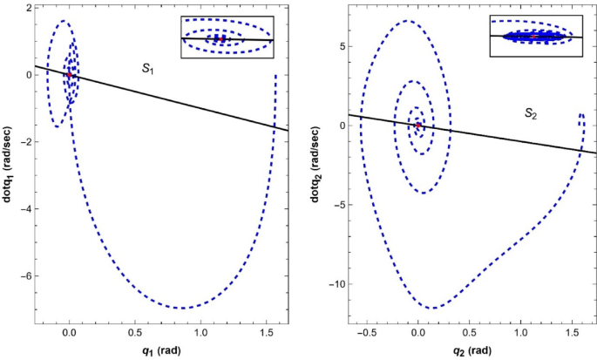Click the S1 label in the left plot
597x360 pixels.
coord(150,66)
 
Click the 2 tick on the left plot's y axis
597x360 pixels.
coord(27,7)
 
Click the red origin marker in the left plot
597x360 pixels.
coord(69,75)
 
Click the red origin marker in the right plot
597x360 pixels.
coord(418,126)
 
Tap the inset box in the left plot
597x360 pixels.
coord(227,37)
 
